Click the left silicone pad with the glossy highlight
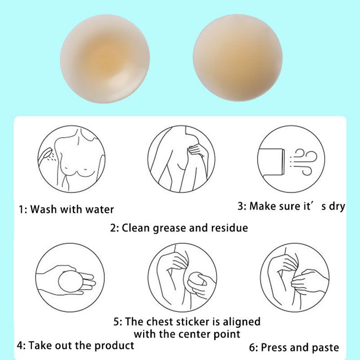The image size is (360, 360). click(x=105, y=59)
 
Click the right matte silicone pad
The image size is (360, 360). click(x=238, y=58)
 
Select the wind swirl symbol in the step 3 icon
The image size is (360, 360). click(x=306, y=162)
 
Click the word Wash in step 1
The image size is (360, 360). click(x=43, y=209)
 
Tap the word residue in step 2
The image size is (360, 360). click(x=229, y=228)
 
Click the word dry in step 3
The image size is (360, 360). click(x=337, y=207)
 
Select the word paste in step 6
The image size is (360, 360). click(x=325, y=348)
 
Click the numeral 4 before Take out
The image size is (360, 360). click(x=20, y=346)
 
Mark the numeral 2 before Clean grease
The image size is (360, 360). click(x=113, y=228)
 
